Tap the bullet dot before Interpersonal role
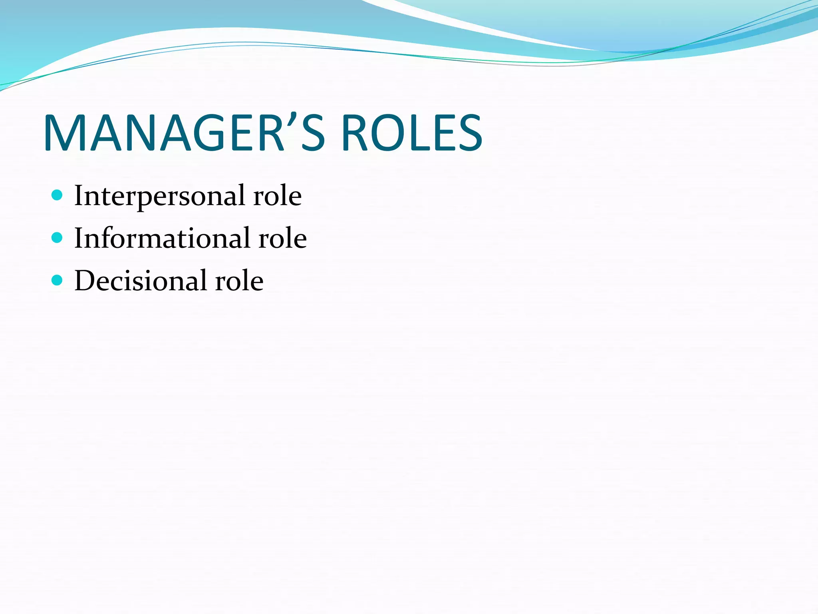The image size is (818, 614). tap(58, 195)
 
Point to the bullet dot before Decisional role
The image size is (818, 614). tap(58, 280)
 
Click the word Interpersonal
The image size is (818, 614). tap(159, 196)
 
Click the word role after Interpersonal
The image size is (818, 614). tap(278, 196)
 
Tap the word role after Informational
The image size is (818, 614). tap(283, 238)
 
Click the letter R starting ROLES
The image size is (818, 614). tap(357, 134)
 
